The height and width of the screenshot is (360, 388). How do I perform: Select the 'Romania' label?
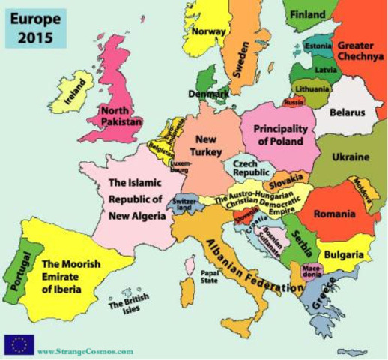coord(333,214)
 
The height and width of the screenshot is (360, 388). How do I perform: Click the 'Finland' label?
coord(308,15)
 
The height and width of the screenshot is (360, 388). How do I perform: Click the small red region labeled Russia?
coord(294,100)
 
